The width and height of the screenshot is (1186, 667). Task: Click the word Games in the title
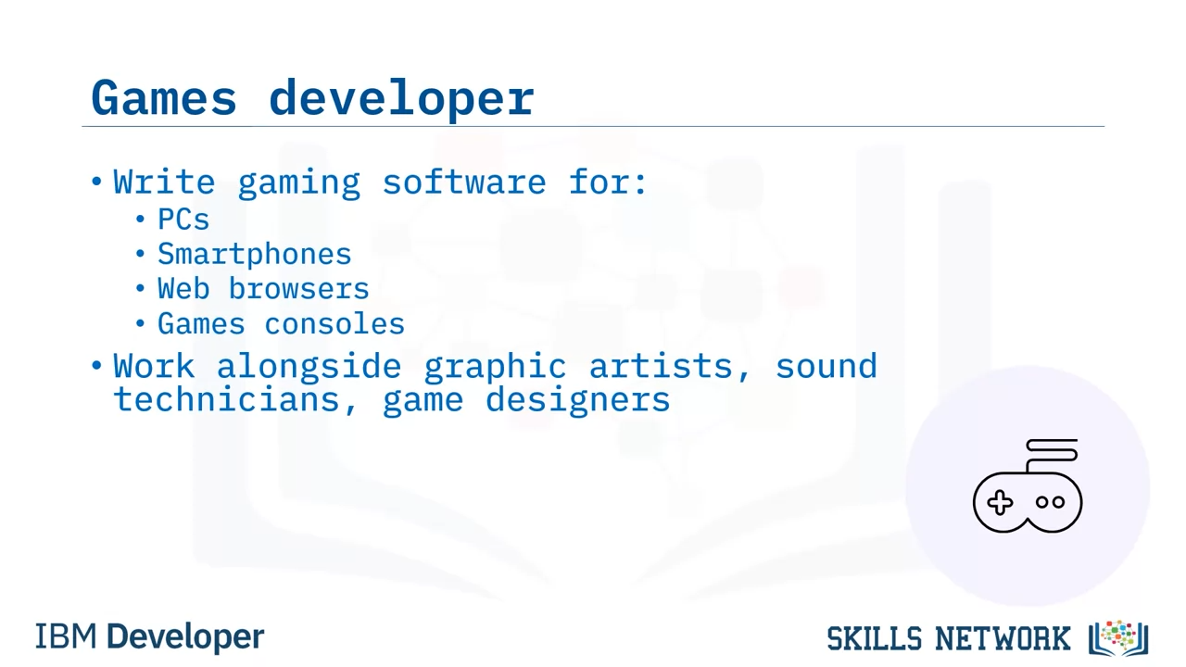[x=164, y=97]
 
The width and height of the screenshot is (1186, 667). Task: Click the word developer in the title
[x=402, y=99]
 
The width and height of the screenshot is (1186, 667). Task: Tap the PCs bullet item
[x=183, y=220]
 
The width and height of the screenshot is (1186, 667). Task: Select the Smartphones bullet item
[x=254, y=255]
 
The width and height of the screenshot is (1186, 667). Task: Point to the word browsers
[x=298, y=289]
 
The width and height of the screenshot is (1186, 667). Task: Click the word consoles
[x=334, y=323]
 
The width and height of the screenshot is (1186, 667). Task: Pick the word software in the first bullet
[x=464, y=182]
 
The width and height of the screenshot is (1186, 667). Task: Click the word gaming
[x=299, y=183]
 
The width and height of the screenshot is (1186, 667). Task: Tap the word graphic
[x=495, y=368]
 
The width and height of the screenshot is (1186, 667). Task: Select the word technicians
[x=227, y=399]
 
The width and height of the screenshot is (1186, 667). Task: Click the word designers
[x=577, y=401]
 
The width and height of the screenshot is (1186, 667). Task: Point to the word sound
[x=826, y=366]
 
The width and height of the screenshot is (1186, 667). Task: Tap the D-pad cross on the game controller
[x=1000, y=502]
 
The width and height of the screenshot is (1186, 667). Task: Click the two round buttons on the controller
[x=1051, y=502]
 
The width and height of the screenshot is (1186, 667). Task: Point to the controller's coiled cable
[x=1051, y=454]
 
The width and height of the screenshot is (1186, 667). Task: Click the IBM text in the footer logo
[x=66, y=636]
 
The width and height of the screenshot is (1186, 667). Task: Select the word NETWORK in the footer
[x=1003, y=638]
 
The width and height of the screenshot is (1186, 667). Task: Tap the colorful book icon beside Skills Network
[x=1118, y=638]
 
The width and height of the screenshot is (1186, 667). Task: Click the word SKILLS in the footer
[x=875, y=638]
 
